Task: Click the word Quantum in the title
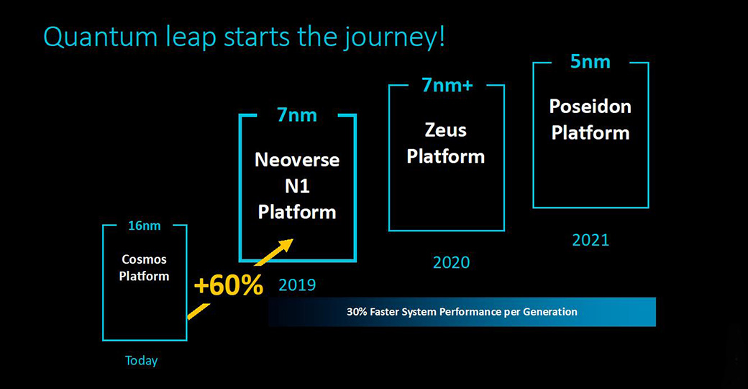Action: (x=100, y=37)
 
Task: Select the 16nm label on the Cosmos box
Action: (x=144, y=225)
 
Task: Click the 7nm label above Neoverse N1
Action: (x=297, y=115)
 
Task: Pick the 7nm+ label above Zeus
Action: (x=447, y=86)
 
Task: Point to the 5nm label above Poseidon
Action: (x=590, y=62)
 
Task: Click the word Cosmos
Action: (x=144, y=259)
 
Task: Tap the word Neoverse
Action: (x=297, y=160)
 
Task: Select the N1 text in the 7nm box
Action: (x=297, y=187)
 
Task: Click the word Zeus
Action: (x=445, y=130)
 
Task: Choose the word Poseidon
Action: (x=590, y=107)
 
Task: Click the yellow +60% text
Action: (x=229, y=285)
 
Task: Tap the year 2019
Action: (x=297, y=285)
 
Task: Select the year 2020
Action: (x=451, y=262)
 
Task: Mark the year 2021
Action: (x=590, y=240)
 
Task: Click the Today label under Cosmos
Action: (x=141, y=361)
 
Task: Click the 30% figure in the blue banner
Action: (x=357, y=312)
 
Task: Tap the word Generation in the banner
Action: (x=550, y=312)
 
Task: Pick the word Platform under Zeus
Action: (x=445, y=157)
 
